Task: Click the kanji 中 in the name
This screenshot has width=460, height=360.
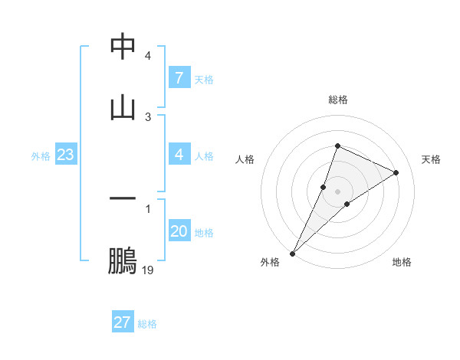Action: (x=123, y=47)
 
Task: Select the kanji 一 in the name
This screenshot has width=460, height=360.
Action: (x=123, y=199)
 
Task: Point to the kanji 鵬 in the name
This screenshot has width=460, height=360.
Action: (x=123, y=261)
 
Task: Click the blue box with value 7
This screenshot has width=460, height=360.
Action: (x=179, y=78)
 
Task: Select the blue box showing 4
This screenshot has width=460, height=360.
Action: (x=179, y=155)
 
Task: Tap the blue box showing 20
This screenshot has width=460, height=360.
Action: (x=179, y=231)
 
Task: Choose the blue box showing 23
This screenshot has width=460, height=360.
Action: (x=65, y=155)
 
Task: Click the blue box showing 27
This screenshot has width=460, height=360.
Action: (x=122, y=322)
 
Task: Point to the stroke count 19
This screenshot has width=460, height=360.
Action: (x=148, y=270)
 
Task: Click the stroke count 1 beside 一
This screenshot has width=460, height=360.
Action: (x=148, y=208)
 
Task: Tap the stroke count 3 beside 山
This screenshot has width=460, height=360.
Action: (x=148, y=116)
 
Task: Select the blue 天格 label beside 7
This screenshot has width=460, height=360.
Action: (x=204, y=79)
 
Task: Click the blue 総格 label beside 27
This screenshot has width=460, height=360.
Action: (x=147, y=323)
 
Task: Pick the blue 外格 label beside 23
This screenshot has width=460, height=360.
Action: (x=41, y=155)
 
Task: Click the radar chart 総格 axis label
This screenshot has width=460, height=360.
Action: (x=337, y=100)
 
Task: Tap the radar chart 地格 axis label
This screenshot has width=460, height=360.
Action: (x=402, y=262)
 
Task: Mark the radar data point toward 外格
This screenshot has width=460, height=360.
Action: (x=293, y=253)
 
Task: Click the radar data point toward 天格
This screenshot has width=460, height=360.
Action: (x=396, y=172)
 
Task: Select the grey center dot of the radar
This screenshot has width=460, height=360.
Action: (x=337, y=191)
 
